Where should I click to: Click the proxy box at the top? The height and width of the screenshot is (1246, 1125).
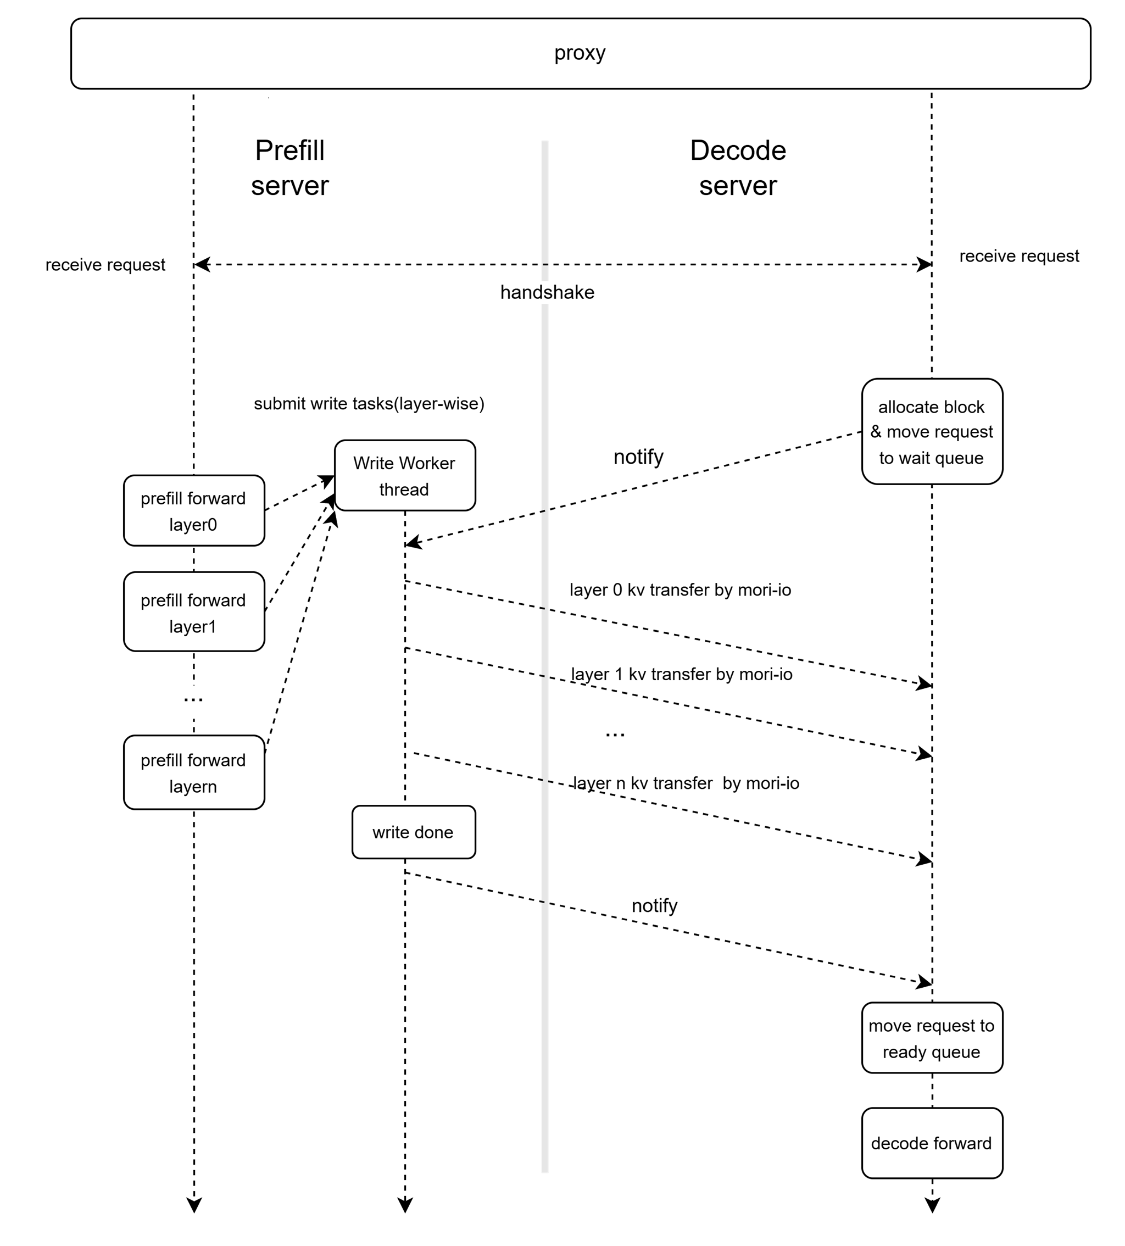click(580, 54)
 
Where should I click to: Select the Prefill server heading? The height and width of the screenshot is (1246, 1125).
click(290, 168)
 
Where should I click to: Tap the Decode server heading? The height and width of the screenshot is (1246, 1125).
click(738, 168)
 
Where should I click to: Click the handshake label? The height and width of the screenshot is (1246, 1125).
click(547, 292)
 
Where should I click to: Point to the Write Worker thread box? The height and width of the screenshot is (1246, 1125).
click(404, 476)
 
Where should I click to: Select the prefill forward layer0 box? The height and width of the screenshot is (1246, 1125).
click(193, 511)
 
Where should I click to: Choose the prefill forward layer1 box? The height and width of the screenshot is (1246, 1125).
click(193, 613)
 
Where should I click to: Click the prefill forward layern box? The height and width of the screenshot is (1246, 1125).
click(193, 772)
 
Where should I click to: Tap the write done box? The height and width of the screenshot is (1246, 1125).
click(413, 832)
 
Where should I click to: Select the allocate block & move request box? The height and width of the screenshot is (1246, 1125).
click(932, 432)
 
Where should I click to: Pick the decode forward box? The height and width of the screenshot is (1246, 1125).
click(932, 1143)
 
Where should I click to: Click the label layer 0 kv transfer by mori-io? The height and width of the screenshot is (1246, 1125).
click(680, 590)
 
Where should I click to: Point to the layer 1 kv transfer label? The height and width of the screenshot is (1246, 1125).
click(681, 674)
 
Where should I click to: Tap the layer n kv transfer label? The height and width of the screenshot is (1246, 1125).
click(686, 783)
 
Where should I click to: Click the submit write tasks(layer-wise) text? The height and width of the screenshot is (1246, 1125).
click(369, 404)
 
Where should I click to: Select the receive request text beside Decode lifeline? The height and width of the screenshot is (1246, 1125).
click(1018, 256)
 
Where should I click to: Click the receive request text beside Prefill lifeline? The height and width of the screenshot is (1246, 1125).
click(105, 265)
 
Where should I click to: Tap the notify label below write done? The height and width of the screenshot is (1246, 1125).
click(654, 906)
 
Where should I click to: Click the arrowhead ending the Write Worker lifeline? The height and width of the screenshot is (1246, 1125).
click(405, 1205)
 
